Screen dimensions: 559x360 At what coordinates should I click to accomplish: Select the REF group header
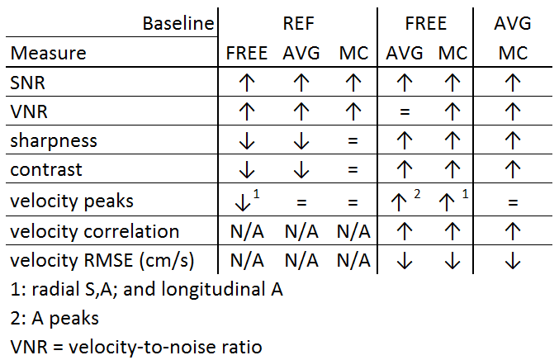(298, 22)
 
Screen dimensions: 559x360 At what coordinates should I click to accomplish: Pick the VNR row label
(27, 111)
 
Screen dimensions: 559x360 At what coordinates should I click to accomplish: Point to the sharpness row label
(54, 140)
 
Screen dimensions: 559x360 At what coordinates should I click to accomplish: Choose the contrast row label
(46, 171)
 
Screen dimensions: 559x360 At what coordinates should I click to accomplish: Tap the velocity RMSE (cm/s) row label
(102, 261)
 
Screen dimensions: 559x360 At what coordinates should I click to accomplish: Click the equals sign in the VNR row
(403, 111)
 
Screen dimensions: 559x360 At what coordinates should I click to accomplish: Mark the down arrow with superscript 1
(246, 201)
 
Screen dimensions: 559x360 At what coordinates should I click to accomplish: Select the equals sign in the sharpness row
(353, 141)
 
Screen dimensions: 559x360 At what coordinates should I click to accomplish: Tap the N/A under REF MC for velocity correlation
(353, 231)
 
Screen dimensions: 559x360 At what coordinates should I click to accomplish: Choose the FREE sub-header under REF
(246, 54)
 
